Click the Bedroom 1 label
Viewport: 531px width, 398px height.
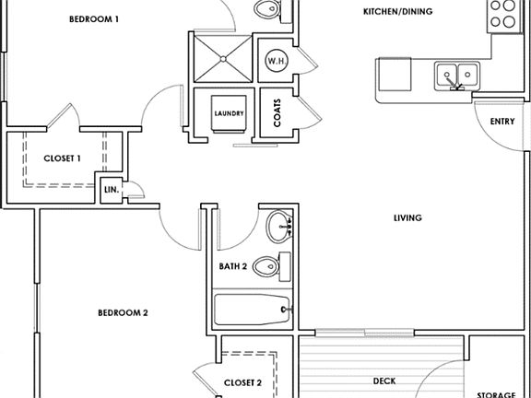tap(94, 19)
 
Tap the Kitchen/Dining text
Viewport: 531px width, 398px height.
tap(397, 11)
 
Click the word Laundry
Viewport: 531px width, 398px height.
tap(229, 113)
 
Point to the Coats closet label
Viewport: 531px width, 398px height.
tap(277, 113)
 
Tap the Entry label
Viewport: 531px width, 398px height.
tap(502, 122)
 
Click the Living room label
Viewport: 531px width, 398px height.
tap(407, 218)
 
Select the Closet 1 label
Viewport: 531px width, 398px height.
tap(63, 158)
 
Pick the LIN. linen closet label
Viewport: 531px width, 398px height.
tap(112, 190)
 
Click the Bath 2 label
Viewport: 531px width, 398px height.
tap(233, 266)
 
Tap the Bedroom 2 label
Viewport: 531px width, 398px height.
tap(123, 312)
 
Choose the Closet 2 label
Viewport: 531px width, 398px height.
tap(242, 383)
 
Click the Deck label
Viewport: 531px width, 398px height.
tap(384, 381)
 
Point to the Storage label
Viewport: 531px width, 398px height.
tap(496, 395)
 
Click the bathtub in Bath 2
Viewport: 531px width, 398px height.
tap(253, 310)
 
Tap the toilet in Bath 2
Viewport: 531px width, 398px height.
tap(272, 266)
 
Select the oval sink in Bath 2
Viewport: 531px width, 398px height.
tap(279, 227)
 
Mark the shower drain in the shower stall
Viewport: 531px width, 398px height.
tap(223, 59)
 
